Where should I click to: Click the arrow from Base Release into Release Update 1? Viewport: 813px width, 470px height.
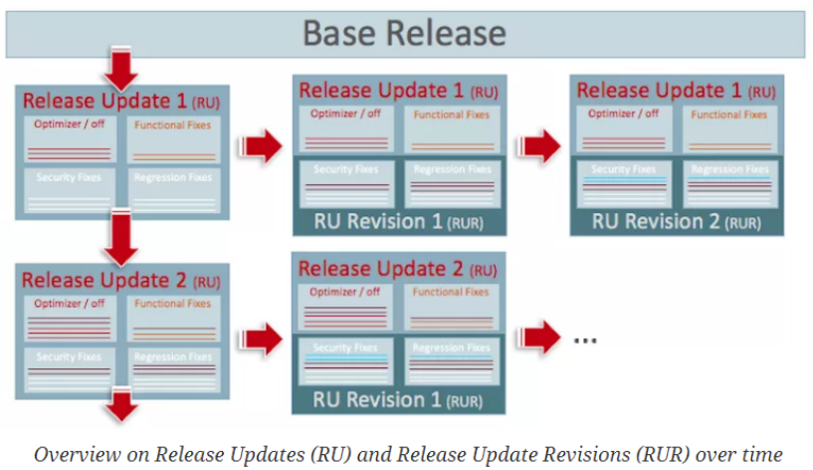click(x=122, y=70)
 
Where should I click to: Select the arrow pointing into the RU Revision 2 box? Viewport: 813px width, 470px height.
click(x=541, y=145)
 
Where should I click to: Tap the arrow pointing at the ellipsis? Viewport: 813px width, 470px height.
click(x=541, y=337)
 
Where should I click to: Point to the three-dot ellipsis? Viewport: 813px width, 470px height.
click(x=585, y=338)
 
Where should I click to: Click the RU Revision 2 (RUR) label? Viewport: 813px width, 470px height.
click(x=676, y=221)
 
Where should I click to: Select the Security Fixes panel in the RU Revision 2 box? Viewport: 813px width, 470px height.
click(x=624, y=183)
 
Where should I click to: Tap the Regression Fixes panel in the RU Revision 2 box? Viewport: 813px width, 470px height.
click(x=729, y=183)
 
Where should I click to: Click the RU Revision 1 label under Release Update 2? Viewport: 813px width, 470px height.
click(x=398, y=399)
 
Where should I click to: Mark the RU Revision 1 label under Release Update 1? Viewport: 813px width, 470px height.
click(x=398, y=221)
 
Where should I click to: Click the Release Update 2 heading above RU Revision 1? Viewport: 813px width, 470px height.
click(x=398, y=268)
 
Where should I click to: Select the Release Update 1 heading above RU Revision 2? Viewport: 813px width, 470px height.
click(x=676, y=90)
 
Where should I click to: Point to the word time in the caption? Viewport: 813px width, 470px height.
click(x=761, y=454)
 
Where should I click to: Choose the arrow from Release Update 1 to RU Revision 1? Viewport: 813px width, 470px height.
click(x=262, y=145)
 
